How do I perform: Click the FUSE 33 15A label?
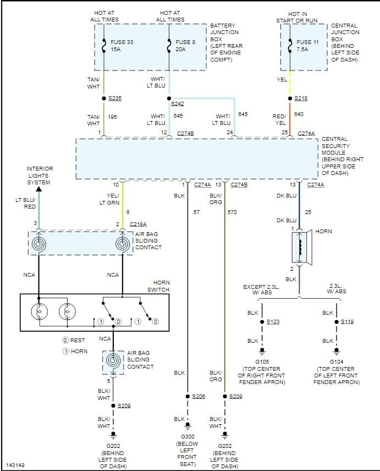point(122,45)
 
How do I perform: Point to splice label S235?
point(114,98)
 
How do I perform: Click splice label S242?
point(177,104)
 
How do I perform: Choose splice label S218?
point(301,98)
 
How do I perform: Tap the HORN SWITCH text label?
point(158,286)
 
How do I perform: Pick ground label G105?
point(261,362)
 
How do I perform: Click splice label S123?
point(273,321)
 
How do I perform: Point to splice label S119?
point(348,321)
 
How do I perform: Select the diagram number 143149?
point(15,465)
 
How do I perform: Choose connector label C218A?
point(137,224)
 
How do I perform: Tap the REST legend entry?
point(74,340)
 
